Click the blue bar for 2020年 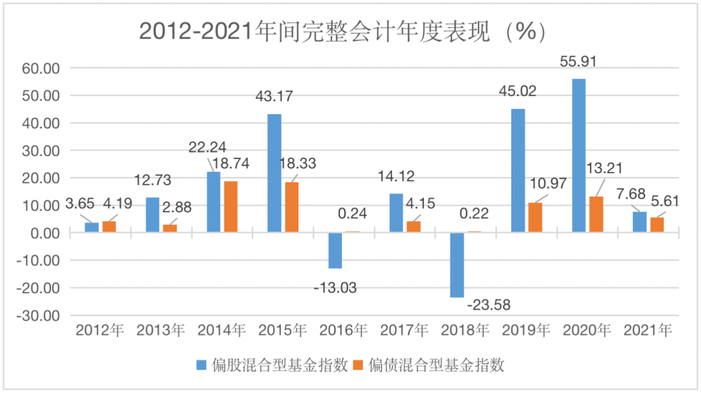click(579, 156)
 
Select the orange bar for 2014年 click(230, 206)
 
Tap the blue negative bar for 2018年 click(457, 265)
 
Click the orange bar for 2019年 click(535, 217)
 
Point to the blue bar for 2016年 click(335, 250)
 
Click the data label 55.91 click(578, 62)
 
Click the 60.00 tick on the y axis click(42, 68)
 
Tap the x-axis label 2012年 click(99, 331)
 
